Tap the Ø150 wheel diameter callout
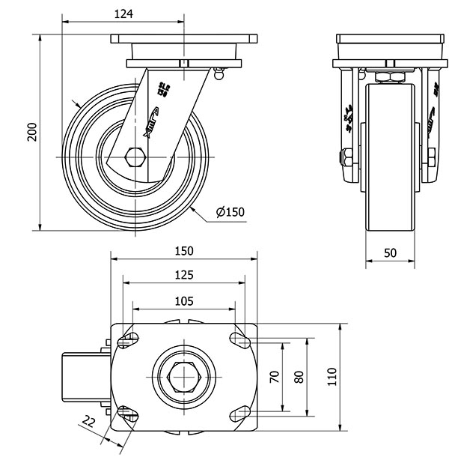tap(230, 212)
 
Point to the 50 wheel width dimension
tap(390, 254)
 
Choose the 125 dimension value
tap(184, 275)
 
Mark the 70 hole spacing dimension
tap(274, 378)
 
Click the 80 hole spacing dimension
tap(299, 378)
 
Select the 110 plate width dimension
tap(332, 378)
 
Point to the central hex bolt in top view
tap(184, 377)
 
